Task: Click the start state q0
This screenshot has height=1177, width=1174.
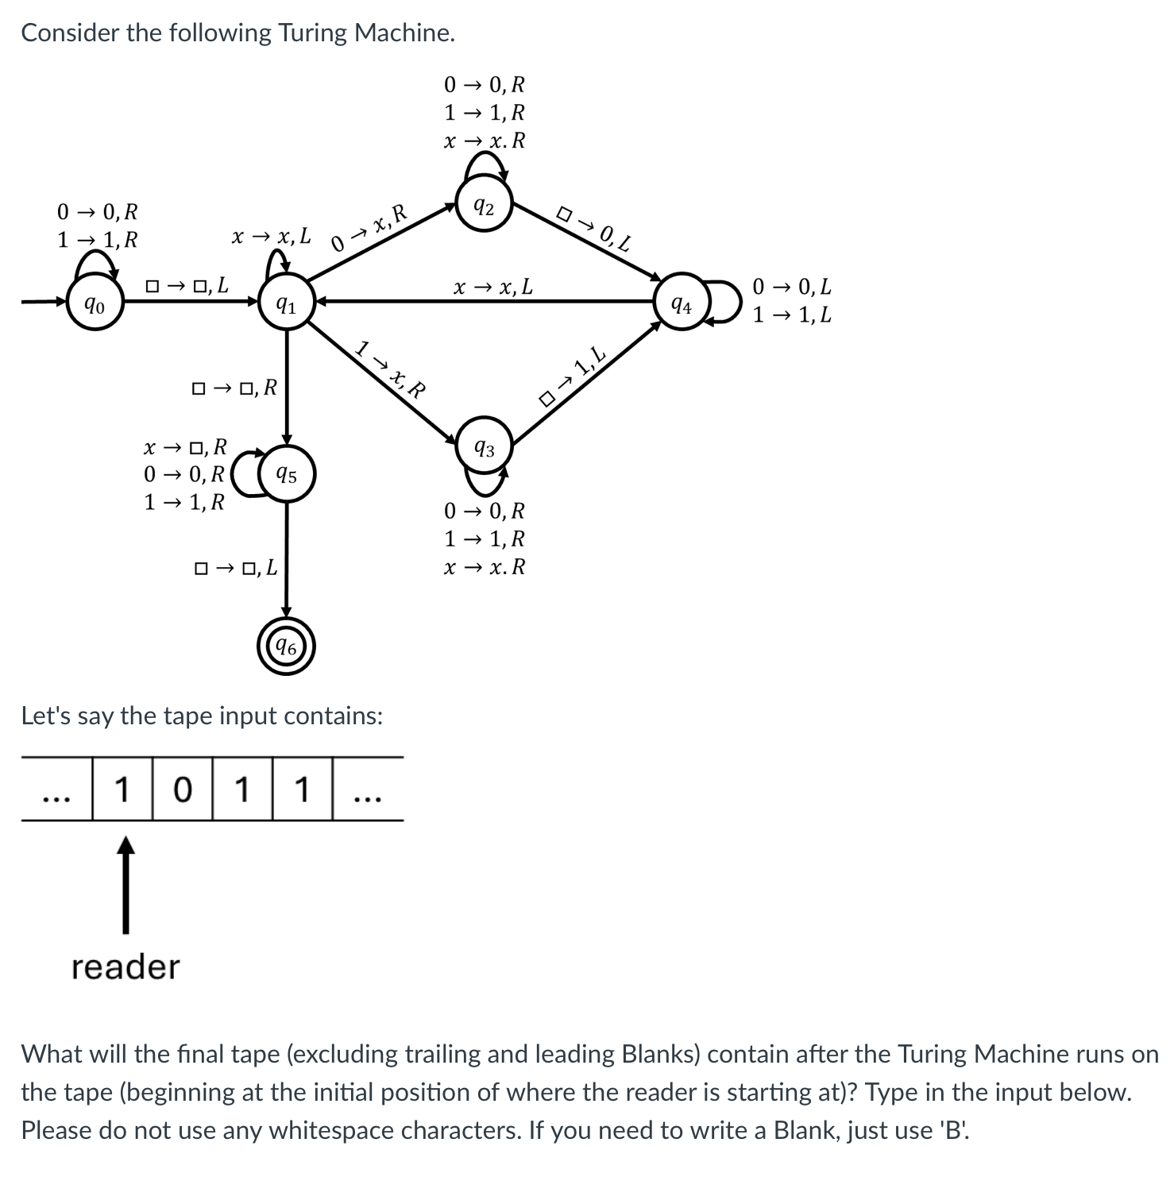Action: click(95, 303)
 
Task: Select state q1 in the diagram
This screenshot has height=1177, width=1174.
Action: click(287, 303)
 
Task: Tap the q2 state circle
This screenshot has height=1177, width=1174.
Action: click(485, 206)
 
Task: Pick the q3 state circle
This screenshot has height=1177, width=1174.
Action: click(485, 447)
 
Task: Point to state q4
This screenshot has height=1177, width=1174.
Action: click(682, 303)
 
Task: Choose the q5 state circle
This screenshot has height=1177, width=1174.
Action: click(287, 475)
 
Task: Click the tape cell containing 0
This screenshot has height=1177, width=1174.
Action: click(182, 789)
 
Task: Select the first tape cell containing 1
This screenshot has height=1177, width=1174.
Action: click(122, 789)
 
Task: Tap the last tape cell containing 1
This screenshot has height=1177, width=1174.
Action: click(302, 789)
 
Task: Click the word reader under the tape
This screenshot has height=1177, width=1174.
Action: click(126, 967)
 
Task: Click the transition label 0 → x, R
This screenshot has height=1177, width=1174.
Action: click(369, 227)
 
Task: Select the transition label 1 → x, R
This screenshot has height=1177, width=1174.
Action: click(390, 369)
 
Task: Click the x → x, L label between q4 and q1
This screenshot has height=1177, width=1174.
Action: click(493, 286)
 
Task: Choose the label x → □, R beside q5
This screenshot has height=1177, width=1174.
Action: click(185, 446)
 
